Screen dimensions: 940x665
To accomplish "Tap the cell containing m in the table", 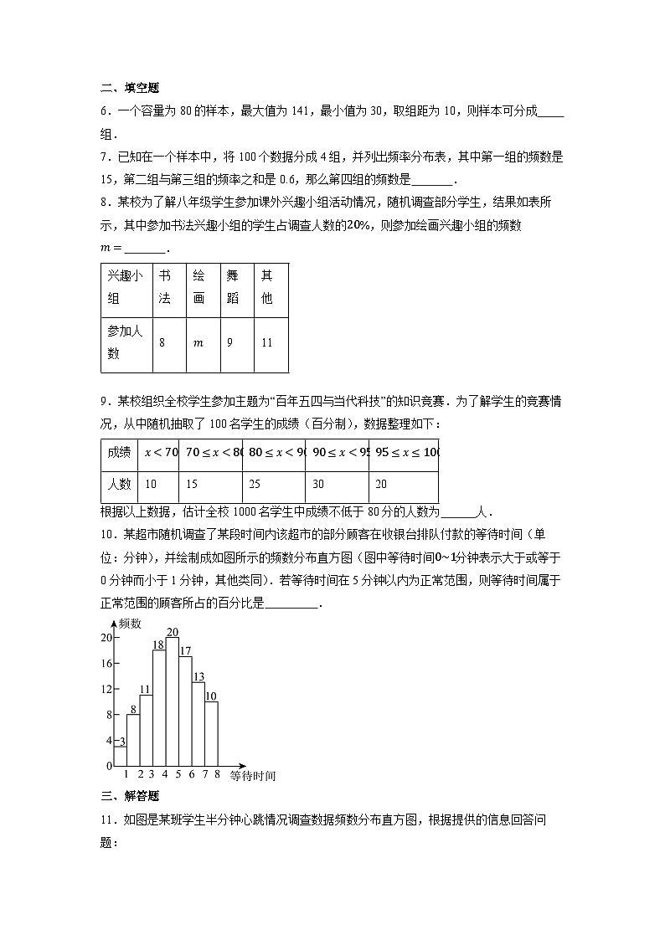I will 198,342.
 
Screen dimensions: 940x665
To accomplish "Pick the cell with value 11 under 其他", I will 268,342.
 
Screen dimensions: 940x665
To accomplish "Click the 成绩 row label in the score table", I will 119,453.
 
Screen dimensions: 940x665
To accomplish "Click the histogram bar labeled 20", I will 173,701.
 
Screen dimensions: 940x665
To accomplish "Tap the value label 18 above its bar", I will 159,645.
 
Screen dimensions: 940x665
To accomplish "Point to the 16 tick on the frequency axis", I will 106,663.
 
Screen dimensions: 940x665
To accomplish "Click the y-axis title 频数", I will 130,624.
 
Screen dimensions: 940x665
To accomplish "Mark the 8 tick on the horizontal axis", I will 217,774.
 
